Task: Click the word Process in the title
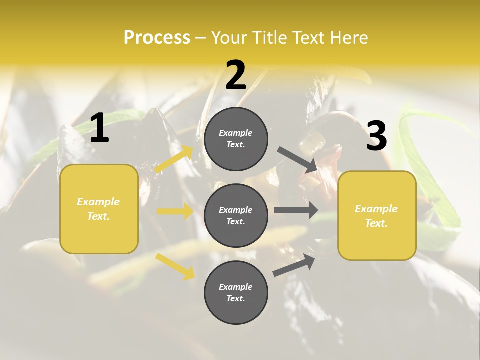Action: coord(157,38)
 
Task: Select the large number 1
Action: coord(99,128)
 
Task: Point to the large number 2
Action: coord(236,75)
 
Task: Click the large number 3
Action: coord(376,136)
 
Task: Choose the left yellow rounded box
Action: coord(99,209)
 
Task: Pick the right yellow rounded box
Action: coord(377,216)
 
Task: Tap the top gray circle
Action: coord(236,139)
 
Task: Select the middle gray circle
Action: coord(236,215)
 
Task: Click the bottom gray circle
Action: coord(236,292)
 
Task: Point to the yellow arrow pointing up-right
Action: coord(174,159)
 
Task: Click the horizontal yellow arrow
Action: coord(175,211)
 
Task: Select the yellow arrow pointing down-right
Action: coord(175,266)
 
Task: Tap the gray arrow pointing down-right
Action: coord(297,160)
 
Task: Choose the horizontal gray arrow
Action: coord(295,210)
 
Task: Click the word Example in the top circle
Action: coord(236,133)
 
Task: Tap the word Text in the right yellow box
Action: coord(376,223)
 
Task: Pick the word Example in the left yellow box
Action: coord(98,202)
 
